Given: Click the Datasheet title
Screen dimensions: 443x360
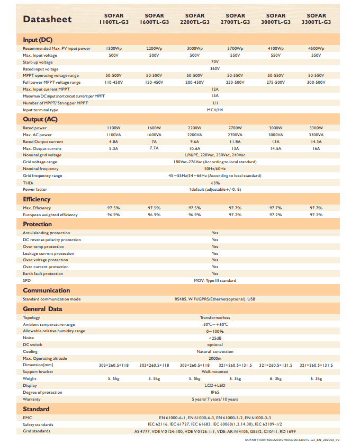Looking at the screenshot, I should pyautogui.click(x=47, y=20).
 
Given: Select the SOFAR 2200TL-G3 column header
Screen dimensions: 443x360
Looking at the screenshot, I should pyautogui.click(x=194, y=19).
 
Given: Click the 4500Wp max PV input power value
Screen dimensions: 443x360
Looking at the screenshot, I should pyautogui.click(x=316, y=49).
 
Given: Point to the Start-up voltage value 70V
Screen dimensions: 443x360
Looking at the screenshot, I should pyautogui.click(x=215, y=62).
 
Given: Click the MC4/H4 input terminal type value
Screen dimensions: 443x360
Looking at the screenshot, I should pyautogui.click(x=215, y=110).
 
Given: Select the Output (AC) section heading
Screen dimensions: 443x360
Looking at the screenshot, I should pyautogui.click(x=40, y=119).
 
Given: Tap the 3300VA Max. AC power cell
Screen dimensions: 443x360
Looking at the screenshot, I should pyautogui.click(x=316, y=135).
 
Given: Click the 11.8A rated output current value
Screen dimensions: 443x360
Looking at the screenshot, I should pyautogui.click(x=235, y=141).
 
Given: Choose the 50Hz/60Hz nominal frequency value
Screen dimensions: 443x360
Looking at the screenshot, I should pyautogui.click(x=215, y=169).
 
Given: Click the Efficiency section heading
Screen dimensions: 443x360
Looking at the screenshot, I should pyautogui.click(x=37, y=199).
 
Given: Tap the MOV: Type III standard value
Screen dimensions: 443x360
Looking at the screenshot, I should pyautogui.click(x=215, y=280).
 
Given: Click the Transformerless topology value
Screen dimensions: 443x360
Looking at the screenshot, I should pyautogui.click(x=215, y=317).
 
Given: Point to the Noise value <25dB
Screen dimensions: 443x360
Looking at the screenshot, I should pyautogui.click(x=215, y=338).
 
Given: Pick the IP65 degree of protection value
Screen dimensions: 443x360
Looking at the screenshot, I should pyautogui.click(x=215, y=392).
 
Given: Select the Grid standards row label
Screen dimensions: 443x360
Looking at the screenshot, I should pyautogui.click(x=37, y=431).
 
